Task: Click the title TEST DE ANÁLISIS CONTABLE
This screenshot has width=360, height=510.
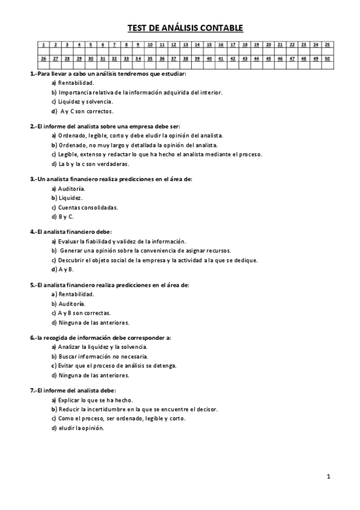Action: coord(185,28)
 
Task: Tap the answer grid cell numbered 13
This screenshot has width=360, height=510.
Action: coord(185,45)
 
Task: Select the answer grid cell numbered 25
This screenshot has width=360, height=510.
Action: coord(326,45)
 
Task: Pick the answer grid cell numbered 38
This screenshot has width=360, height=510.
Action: coord(185,58)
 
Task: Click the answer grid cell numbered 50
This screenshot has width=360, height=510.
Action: coord(326,58)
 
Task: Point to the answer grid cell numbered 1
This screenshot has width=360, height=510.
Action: coord(44,45)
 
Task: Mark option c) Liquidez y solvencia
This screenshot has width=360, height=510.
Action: coord(82,102)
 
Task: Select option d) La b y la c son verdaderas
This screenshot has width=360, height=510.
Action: coord(90,164)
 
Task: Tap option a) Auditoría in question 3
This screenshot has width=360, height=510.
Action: coord(72,188)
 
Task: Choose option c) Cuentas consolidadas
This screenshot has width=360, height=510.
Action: coord(84,207)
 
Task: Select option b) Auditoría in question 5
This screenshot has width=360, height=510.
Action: coord(72,304)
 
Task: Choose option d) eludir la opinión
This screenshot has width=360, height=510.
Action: coord(78,428)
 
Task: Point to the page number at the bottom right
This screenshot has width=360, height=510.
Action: coord(328,476)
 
